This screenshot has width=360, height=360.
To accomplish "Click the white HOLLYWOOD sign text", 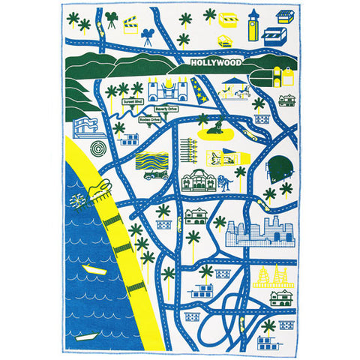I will (211, 64).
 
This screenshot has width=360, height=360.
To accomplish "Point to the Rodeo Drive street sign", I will (150, 118).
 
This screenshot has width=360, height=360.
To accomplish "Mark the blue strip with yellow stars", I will (199, 92).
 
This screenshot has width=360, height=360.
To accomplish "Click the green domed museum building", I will (197, 181).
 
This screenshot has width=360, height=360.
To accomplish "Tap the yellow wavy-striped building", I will (151, 160).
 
